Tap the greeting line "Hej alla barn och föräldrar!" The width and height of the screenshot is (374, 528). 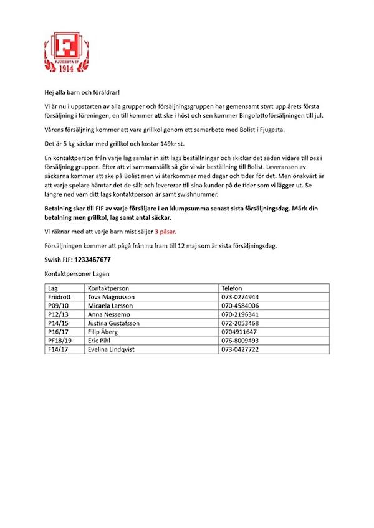[82, 92]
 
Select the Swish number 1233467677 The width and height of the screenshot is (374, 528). [91, 259]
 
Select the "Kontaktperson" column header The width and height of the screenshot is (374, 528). [108, 288]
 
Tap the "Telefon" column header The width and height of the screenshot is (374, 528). [233, 288]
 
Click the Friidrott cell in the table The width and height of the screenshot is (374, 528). [60, 297]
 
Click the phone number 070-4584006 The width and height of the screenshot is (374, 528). [240, 306]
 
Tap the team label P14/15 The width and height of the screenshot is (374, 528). [58, 323]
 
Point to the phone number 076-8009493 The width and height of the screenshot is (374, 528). [240, 341]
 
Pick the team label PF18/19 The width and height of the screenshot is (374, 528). [60, 341]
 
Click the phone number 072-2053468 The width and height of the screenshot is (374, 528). [240, 323]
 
